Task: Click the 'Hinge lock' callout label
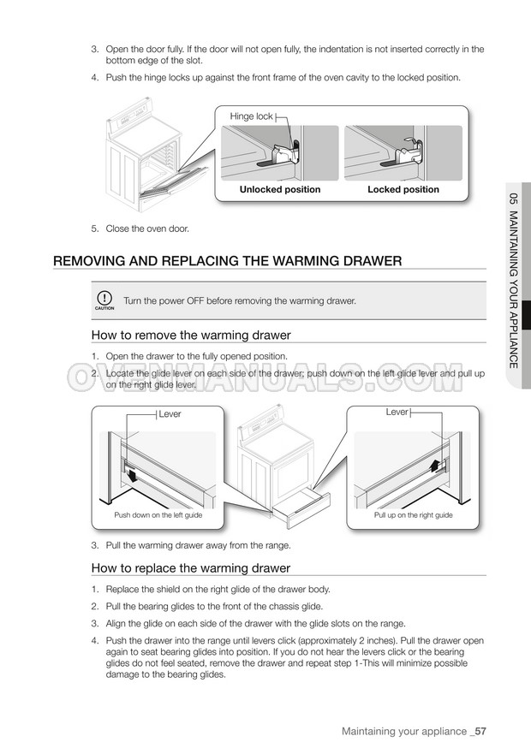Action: (x=251, y=116)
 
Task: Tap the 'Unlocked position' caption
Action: (x=280, y=190)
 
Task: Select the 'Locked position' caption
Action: (x=403, y=190)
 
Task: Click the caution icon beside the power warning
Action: (x=104, y=300)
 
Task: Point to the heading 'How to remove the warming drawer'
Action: (x=191, y=335)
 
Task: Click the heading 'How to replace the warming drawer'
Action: (x=191, y=568)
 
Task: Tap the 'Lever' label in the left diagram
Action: (x=170, y=415)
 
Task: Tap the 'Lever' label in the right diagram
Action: (x=397, y=413)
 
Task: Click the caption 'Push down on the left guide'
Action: (x=158, y=516)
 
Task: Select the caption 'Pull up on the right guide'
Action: (x=414, y=516)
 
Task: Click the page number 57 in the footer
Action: (x=480, y=732)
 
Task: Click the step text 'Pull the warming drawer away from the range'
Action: (x=198, y=546)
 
